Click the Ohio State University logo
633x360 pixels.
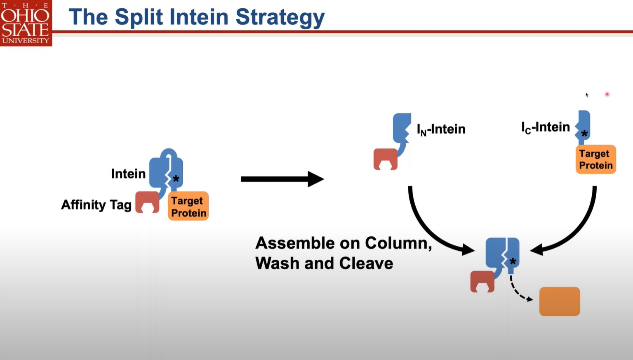click(x=26, y=23)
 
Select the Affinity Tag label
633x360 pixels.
click(x=96, y=205)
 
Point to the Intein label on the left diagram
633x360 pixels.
click(x=128, y=174)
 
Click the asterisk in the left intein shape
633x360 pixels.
click(x=176, y=179)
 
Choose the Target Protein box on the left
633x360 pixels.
click(x=188, y=206)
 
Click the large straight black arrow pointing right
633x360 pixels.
click(x=282, y=179)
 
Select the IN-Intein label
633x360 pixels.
click(x=441, y=129)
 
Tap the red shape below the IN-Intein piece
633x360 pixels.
click(x=385, y=159)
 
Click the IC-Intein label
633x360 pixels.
click(x=545, y=127)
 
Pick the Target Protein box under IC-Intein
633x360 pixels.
click(x=595, y=159)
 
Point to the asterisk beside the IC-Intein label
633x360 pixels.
click(x=584, y=134)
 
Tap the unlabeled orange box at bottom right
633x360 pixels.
click(x=560, y=301)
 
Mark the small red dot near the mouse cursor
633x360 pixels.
click(x=607, y=94)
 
